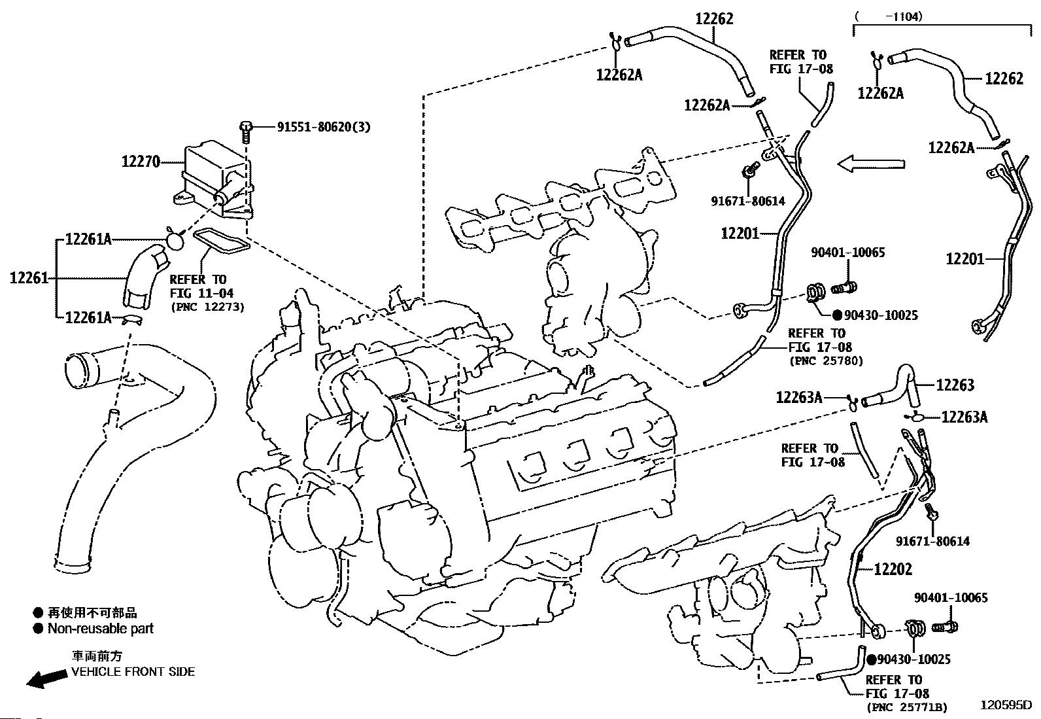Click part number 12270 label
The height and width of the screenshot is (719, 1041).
141,162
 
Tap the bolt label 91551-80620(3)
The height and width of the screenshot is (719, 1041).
324,127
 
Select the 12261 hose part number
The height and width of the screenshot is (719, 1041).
29,278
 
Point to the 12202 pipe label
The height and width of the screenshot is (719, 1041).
893,569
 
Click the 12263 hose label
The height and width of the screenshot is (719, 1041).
955,385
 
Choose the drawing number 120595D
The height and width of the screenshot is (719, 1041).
1006,705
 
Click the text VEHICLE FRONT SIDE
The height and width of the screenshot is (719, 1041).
133,672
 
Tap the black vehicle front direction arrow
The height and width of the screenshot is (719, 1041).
46,678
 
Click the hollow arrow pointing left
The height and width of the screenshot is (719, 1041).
871,164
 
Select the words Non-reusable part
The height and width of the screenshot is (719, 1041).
101,629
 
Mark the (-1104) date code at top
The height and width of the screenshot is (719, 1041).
888,17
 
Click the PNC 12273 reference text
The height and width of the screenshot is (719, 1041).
207,307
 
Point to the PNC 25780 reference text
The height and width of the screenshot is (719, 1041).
826,360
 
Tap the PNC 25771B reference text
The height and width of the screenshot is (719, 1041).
906,707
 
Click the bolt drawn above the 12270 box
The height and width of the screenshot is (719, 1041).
247,131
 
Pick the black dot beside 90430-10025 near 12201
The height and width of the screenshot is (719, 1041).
837,315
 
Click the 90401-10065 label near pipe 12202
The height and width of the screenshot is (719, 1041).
951,597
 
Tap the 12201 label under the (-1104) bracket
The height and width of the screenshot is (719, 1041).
965,258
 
